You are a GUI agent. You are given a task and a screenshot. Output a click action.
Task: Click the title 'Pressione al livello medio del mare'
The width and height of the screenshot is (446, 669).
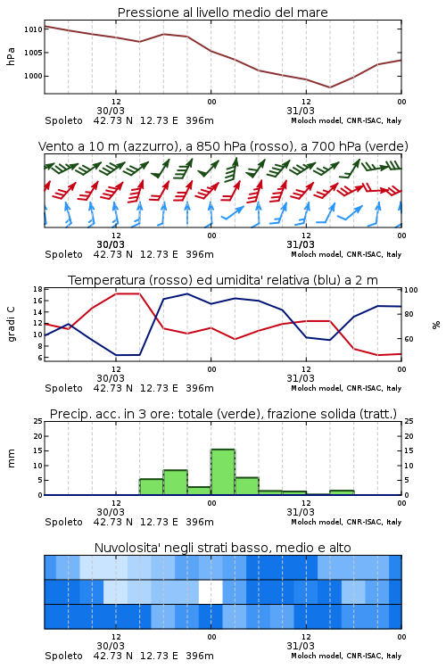pyautogui.click(x=222, y=12)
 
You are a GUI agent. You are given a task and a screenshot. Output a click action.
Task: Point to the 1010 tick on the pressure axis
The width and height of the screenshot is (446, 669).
pyautogui.click(x=33, y=29)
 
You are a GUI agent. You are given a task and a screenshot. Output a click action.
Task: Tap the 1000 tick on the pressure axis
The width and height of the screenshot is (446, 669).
pyautogui.click(x=33, y=76)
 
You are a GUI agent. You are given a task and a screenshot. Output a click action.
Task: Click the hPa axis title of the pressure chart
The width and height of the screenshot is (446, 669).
pyautogui.click(x=11, y=56)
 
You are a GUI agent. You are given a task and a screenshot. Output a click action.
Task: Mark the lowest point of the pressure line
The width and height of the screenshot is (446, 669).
pyautogui.click(x=329, y=87)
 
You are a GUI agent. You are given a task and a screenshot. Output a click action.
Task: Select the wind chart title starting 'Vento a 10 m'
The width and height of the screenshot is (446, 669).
pyautogui.click(x=223, y=146)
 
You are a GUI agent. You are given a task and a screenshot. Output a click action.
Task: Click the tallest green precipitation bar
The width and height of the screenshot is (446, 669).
pyautogui.click(x=223, y=472)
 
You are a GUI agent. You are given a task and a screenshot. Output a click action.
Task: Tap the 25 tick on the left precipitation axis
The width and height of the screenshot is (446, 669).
pyautogui.click(x=38, y=421)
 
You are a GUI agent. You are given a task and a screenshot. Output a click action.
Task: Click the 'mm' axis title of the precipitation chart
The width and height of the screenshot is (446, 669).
pyautogui.click(x=11, y=458)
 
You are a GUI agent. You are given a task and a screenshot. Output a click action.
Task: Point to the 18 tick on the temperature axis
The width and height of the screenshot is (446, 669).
pyautogui.click(x=38, y=289)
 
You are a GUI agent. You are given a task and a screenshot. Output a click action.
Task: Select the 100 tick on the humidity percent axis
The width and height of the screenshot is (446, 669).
pyautogui.click(x=410, y=290)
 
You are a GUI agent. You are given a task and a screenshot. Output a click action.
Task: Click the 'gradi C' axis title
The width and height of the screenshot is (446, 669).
pyautogui.click(x=11, y=324)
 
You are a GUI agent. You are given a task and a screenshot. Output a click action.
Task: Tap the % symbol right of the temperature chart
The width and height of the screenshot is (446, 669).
pyautogui.click(x=436, y=325)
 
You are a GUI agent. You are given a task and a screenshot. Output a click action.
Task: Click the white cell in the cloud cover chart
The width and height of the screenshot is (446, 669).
pyautogui.click(x=211, y=591)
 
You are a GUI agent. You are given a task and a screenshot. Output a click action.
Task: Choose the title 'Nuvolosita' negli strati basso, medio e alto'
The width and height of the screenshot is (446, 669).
pyautogui.click(x=222, y=548)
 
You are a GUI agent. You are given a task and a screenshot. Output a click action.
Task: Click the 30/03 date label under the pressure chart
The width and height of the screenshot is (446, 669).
pyautogui.click(x=111, y=111)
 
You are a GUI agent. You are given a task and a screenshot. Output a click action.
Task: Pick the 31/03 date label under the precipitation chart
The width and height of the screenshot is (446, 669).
pyautogui.click(x=301, y=512)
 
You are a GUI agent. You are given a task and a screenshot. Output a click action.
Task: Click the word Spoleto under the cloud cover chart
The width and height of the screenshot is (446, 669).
pyautogui.click(x=63, y=656)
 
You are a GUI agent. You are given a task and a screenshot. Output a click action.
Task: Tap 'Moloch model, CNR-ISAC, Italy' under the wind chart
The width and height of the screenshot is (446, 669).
pyautogui.click(x=346, y=254)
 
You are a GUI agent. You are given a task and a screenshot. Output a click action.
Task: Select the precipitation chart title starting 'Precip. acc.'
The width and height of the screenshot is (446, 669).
pyautogui.click(x=223, y=414)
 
